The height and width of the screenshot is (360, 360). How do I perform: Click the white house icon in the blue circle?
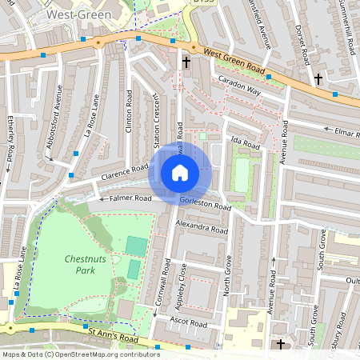[x=180, y=172]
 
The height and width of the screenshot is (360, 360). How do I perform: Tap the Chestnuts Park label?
[x=80, y=265]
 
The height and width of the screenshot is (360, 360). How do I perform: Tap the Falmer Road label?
[x=126, y=198]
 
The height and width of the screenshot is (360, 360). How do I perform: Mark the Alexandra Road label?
[x=201, y=228]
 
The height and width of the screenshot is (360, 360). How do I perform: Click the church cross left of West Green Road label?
[x=186, y=62]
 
